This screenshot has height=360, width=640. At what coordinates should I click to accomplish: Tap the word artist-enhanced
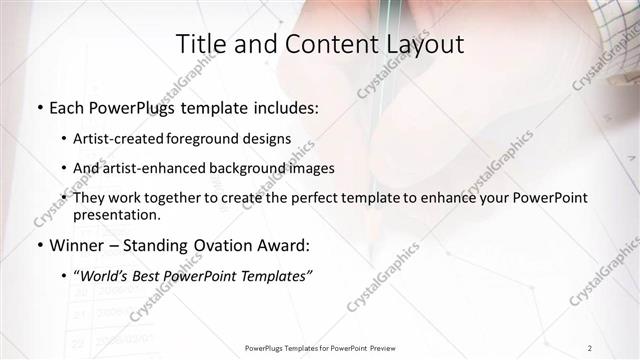pyautogui.click(x=156, y=168)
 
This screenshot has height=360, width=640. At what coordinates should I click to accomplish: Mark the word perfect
pyautogui.click(x=346, y=198)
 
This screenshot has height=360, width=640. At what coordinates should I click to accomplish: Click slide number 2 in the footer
pyautogui.click(x=591, y=348)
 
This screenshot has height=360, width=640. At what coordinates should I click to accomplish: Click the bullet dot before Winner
pyautogui.click(x=38, y=245)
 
